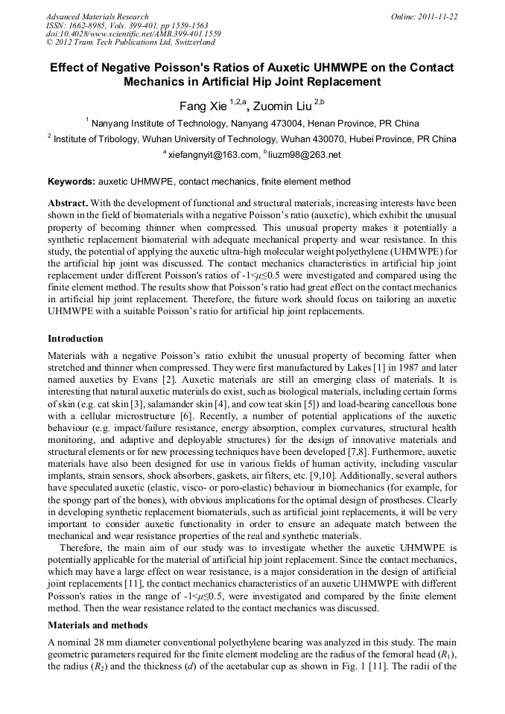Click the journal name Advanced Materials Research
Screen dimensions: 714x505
click(97, 16)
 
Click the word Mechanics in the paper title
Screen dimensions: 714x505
click(156, 82)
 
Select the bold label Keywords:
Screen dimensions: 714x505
click(72, 182)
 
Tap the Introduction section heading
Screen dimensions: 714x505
click(75, 339)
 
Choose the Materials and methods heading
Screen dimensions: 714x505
click(98, 625)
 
